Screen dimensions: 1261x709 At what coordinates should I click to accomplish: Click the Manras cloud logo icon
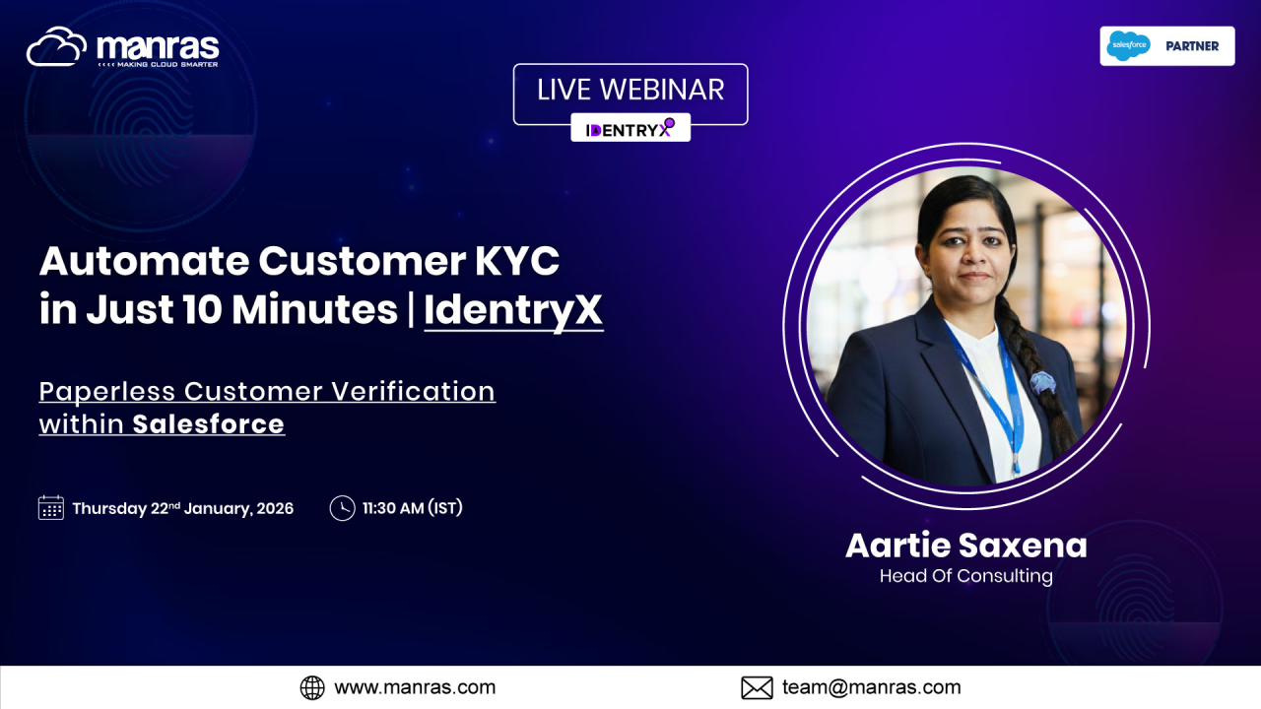(x=56, y=46)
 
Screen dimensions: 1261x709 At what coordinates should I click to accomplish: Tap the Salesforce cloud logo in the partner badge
(x=1128, y=45)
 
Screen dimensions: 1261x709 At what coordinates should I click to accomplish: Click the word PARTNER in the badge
(x=1192, y=46)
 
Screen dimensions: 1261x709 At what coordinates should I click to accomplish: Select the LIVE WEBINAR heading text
(x=630, y=90)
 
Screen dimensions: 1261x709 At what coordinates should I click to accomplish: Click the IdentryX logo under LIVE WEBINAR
(x=630, y=129)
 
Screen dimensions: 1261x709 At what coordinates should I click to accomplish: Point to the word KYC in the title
(x=517, y=261)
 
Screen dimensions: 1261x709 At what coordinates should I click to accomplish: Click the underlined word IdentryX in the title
(x=513, y=310)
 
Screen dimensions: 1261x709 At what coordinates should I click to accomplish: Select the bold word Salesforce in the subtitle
(x=208, y=424)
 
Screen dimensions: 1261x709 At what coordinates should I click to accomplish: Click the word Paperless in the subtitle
(x=107, y=392)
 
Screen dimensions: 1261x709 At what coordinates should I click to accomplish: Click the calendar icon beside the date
(x=50, y=507)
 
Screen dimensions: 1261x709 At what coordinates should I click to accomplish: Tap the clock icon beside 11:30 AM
(x=342, y=508)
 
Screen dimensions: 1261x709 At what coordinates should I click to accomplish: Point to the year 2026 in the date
(x=275, y=509)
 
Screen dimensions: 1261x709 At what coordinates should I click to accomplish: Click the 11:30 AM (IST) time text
(x=412, y=508)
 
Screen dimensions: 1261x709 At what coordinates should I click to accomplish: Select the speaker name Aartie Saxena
(x=966, y=546)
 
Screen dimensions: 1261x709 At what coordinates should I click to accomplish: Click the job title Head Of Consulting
(x=966, y=576)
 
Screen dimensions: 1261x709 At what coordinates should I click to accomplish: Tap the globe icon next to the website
(x=312, y=687)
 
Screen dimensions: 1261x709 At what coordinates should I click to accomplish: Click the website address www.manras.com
(x=415, y=687)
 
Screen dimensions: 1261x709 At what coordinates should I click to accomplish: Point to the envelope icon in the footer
(x=757, y=687)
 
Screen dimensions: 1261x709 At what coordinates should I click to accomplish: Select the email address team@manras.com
(x=872, y=687)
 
